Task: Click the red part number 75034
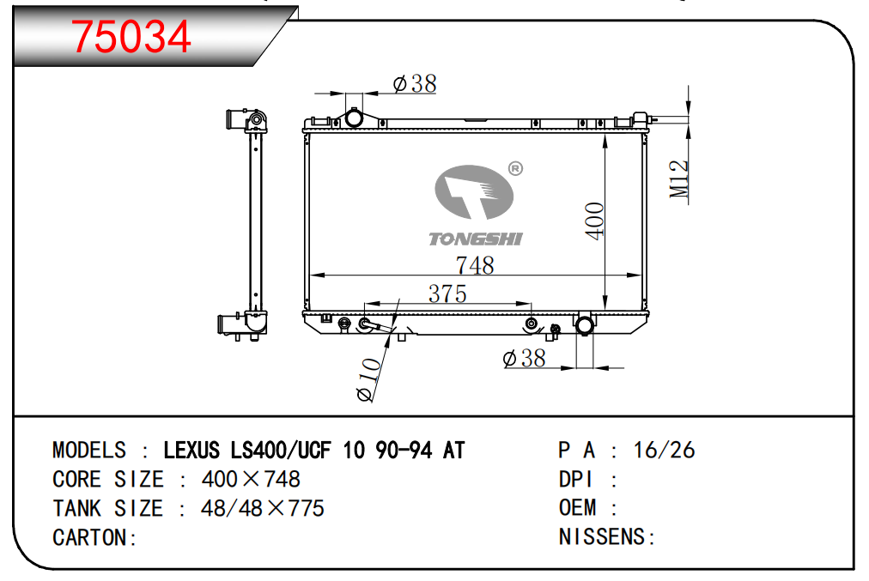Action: click(x=131, y=37)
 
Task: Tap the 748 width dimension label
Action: click(x=475, y=265)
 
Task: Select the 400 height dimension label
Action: click(x=595, y=221)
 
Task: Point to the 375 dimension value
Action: click(x=447, y=294)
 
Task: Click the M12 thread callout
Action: click(x=679, y=179)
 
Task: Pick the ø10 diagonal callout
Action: click(x=369, y=380)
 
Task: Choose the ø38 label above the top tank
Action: click(x=415, y=84)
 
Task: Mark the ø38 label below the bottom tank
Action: click(x=525, y=359)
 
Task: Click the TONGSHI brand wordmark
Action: click(x=476, y=239)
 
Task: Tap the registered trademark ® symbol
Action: click(x=515, y=168)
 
